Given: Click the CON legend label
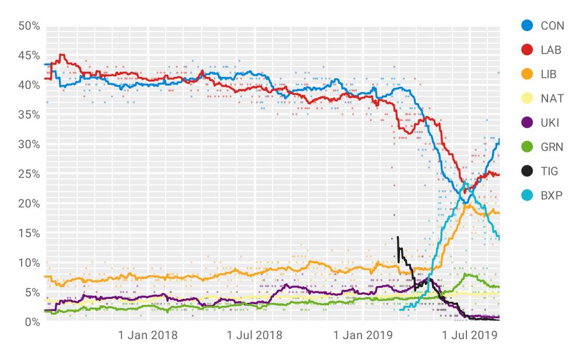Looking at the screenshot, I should point(552,26).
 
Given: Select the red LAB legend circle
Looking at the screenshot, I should point(527,50).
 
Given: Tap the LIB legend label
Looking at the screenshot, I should point(549,74).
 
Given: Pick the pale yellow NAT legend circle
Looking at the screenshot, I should point(527,98).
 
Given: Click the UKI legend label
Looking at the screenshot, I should point(550,122).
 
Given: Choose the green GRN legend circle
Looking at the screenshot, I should point(527,147).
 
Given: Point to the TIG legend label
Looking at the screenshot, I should point(549,171).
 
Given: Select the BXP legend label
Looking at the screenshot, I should point(551,195).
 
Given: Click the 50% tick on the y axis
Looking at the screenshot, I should point(29,26).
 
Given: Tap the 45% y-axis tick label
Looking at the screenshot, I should point(29,56).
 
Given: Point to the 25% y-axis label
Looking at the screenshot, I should point(29,174).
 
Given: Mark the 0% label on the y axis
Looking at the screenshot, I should point(31,322).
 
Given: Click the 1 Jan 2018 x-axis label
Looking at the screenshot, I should point(148,336).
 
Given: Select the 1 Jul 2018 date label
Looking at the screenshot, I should point(254,336).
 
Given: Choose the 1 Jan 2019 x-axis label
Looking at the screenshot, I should point(362,336).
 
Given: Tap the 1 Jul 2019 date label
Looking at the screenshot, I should point(469,336).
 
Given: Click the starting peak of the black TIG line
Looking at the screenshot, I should point(398,237).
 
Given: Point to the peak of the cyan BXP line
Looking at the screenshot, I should point(465,183).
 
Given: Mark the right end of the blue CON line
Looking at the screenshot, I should point(499,139).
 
